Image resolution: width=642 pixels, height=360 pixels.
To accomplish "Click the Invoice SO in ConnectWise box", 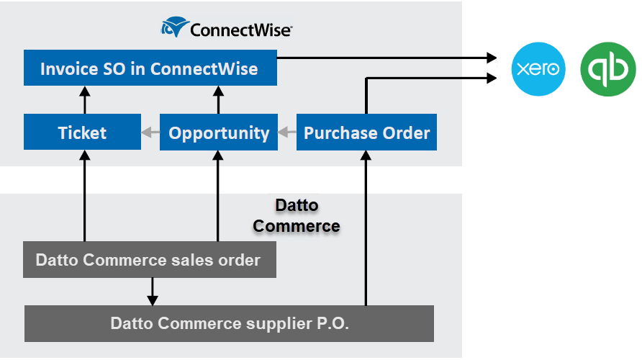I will coord(150,68).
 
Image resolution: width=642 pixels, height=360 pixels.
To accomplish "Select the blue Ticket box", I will coord(82,132).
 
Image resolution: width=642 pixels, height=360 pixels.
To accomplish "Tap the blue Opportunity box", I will coord(219,132).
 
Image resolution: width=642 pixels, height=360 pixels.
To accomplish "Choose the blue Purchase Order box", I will coord(366,132).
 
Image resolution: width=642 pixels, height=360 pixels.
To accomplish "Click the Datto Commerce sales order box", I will coord(148,260).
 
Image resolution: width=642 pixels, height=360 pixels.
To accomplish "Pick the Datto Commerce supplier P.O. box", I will coord(230,323).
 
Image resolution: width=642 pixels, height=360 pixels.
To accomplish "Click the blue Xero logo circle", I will coord(538,68).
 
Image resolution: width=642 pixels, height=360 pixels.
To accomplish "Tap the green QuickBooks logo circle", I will coord(608,68).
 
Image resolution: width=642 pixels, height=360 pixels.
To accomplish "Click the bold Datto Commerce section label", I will coord(297,215).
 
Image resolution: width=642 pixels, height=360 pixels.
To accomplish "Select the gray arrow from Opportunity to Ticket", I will coord(150,132).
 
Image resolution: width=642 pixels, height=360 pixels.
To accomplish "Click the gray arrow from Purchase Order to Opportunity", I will coord(287,132).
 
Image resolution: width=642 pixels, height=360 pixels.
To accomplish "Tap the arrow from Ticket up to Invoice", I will coord(84,99).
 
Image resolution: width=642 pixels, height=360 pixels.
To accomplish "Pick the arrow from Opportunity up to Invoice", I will coord(217,99).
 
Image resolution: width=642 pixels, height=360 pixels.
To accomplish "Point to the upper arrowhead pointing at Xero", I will coord(492,57).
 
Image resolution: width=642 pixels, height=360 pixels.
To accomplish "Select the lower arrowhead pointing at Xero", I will coord(492,77).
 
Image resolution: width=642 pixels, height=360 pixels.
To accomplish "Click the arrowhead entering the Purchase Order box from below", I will coord(366,156).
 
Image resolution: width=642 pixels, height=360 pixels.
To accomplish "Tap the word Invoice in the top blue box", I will coord(68,69).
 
